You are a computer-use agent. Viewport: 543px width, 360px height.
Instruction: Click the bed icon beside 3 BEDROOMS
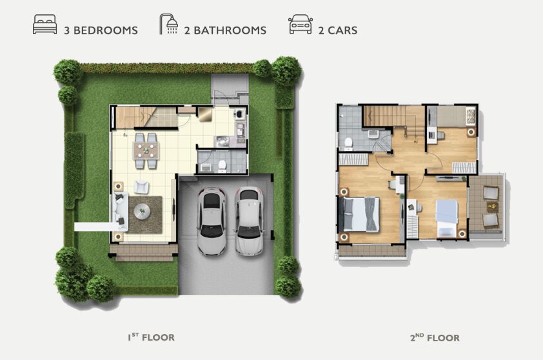click(44, 25)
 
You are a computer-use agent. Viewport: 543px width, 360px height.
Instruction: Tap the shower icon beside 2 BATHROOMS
click(169, 24)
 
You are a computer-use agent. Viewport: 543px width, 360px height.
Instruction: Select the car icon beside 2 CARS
click(301, 25)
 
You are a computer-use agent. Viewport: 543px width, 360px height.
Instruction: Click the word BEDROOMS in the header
click(106, 30)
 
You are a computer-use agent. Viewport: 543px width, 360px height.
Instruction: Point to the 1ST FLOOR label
click(151, 337)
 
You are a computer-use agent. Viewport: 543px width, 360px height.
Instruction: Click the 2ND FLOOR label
click(435, 337)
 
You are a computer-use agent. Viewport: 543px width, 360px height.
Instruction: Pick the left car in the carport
click(212, 221)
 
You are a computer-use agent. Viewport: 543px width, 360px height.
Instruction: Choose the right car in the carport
click(249, 221)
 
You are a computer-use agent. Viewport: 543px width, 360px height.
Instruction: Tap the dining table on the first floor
click(146, 151)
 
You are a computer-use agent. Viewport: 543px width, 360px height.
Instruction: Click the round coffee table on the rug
click(142, 211)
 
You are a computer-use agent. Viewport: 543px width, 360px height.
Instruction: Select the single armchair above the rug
click(141, 187)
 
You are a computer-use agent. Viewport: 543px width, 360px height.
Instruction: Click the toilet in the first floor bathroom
click(222, 166)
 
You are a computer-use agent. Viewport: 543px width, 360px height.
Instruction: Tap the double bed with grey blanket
click(359, 214)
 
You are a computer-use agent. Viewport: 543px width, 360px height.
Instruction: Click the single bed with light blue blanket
click(447, 218)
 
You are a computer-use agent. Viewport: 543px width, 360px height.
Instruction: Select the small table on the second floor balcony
click(493, 207)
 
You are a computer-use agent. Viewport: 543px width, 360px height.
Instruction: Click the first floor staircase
click(146, 117)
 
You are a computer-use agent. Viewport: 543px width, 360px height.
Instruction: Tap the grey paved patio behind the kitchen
click(230, 88)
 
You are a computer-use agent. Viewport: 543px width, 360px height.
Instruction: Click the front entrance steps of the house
click(144, 253)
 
